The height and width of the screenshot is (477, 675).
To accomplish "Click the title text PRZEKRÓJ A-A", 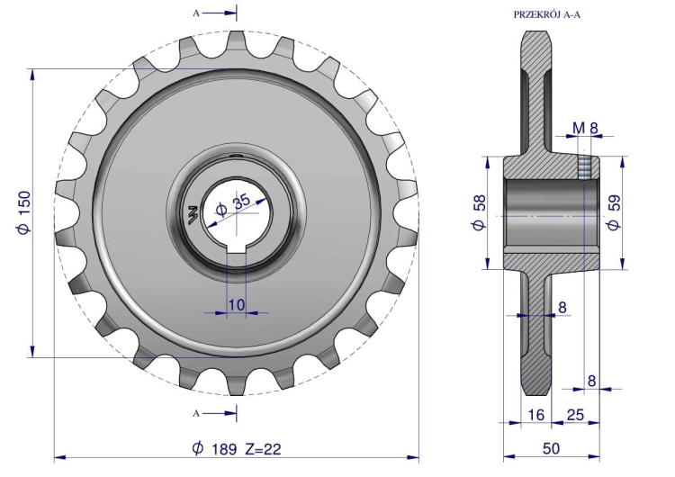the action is pos(546,14).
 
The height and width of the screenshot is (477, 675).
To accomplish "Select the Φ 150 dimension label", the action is pos(24,212).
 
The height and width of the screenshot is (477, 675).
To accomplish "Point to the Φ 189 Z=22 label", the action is pos(237,449).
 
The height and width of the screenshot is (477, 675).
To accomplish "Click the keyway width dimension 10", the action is pos(237,305).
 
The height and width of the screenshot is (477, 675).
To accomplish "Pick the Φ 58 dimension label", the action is pos(479,212).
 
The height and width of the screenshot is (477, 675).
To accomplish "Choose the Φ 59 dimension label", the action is pos(614,212).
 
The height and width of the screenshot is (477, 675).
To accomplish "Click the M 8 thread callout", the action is pos(586,128).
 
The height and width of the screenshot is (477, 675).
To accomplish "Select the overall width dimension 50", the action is pos(551,448).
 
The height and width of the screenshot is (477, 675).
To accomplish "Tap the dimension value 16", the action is pos(536,415).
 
